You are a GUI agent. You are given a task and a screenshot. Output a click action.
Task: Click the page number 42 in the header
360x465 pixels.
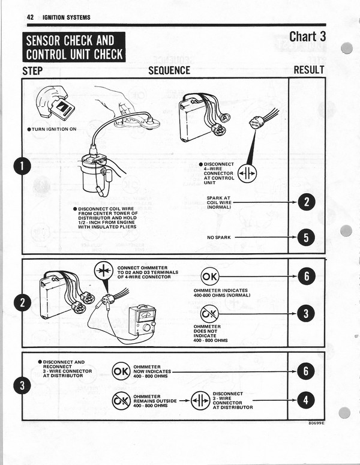point(30,17)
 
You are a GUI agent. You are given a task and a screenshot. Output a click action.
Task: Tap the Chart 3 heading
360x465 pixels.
point(307,37)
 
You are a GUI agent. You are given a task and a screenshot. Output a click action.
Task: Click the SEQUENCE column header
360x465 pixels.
point(169,71)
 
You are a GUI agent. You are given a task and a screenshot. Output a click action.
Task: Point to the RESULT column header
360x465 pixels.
point(308,70)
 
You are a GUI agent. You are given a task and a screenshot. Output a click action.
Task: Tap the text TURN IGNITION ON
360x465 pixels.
point(53,130)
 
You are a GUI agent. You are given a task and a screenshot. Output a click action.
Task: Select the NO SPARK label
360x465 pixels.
point(219,238)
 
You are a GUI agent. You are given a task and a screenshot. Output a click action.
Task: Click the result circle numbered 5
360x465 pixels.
point(307,238)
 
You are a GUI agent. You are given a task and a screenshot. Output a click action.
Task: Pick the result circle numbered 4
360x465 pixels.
point(307,400)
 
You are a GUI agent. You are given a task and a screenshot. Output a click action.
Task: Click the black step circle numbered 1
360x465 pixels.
point(24,166)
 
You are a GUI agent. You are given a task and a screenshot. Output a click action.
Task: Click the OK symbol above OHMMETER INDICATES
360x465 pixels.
point(211,277)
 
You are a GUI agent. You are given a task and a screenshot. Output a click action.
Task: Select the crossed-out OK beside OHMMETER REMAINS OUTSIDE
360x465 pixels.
point(121,400)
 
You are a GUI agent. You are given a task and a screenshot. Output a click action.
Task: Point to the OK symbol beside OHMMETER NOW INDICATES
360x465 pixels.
point(121,371)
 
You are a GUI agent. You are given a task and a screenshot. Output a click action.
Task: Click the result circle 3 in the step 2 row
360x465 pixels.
point(307,313)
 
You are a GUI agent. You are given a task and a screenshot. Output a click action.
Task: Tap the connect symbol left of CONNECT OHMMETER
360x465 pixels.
point(104,271)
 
